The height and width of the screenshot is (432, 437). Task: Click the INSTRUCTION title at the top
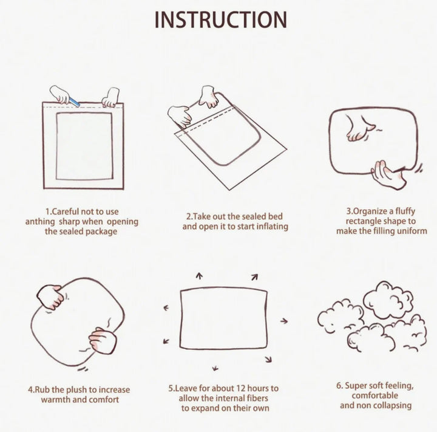[221, 20]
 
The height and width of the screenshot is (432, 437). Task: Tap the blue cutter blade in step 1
[75, 102]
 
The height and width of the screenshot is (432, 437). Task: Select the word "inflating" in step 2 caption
[272, 226]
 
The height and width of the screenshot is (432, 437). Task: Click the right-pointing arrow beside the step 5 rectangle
[283, 321]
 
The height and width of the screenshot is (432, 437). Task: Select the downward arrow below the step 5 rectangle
[215, 368]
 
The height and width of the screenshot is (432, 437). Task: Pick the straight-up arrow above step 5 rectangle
[199, 276]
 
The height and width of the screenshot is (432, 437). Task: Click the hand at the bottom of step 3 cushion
[389, 174]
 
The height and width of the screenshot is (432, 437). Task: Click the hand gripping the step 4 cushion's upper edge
[50, 297]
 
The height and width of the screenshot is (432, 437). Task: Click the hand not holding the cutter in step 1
[111, 97]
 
